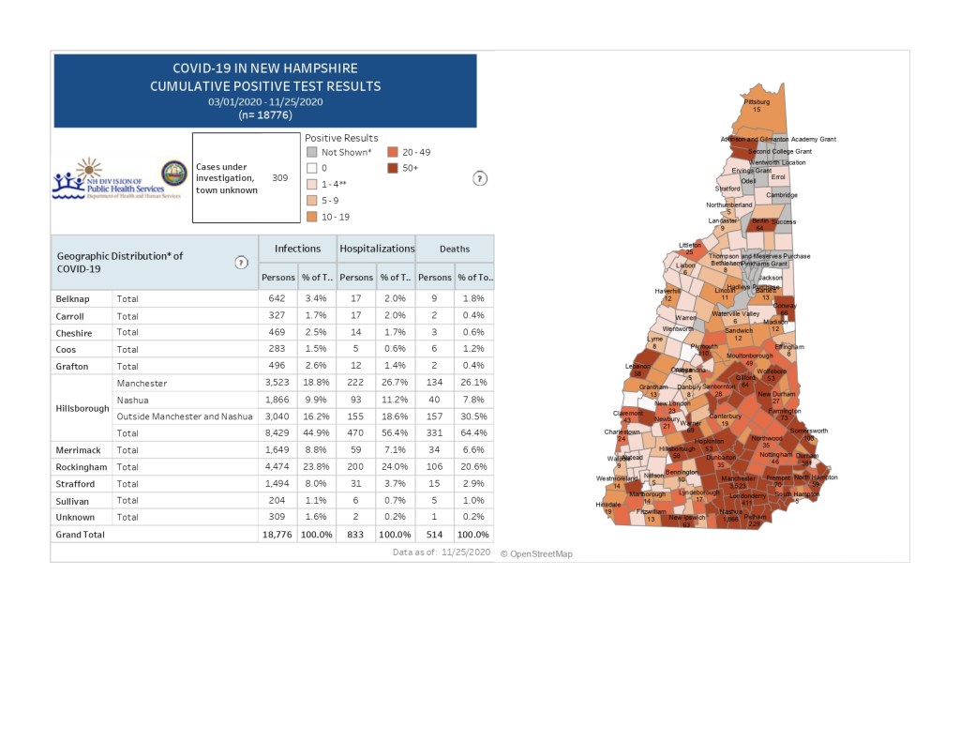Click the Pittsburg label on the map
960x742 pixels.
[x=757, y=101]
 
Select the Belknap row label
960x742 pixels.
[x=72, y=299]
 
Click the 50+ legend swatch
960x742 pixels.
[x=394, y=168]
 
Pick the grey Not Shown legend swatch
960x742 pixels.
[x=311, y=152]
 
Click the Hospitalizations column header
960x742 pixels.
[x=377, y=249]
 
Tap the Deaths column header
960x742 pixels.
[x=455, y=249]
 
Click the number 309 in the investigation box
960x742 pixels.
[x=279, y=177]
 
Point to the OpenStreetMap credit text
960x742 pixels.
[x=536, y=554]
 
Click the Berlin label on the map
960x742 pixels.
[x=759, y=220]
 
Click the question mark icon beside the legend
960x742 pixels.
[x=480, y=178]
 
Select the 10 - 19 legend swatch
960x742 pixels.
[x=311, y=216]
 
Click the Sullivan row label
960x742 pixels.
[x=74, y=501]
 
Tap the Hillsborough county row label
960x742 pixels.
[x=82, y=408]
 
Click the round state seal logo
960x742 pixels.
[x=173, y=174]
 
